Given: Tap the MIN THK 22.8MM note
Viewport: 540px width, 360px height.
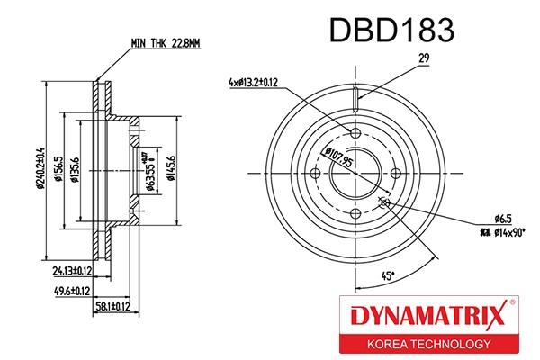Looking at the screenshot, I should coord(164,41).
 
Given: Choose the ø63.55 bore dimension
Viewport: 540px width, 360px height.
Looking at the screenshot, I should coord(148,170).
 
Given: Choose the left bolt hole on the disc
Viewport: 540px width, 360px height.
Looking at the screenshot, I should coord(316,175).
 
